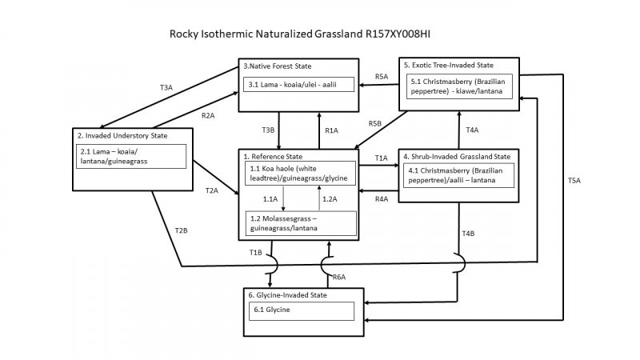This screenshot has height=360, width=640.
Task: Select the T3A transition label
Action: pos(166,86)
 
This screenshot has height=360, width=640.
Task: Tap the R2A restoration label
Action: pos(208,115)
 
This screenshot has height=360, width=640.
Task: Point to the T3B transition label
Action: pos(268,130)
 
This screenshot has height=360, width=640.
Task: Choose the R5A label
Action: pos(382,77)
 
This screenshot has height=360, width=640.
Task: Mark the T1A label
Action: pos(382,158)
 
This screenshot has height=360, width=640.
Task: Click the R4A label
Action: pos(382,198)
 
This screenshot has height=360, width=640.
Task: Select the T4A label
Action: pos(472,130)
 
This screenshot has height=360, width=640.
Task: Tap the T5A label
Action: pos(574,181)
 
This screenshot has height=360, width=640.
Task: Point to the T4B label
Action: pos(469,233)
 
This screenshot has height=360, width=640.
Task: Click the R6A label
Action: pos(338,276)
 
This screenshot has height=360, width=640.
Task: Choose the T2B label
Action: pos(182,231)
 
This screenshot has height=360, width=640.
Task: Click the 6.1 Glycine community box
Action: pos(300,310)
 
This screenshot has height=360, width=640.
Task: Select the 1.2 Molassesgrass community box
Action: pos(300,223)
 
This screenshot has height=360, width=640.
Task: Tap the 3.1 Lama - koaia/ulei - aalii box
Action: pos(300,84)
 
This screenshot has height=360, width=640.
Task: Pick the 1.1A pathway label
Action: pos(270,198)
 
